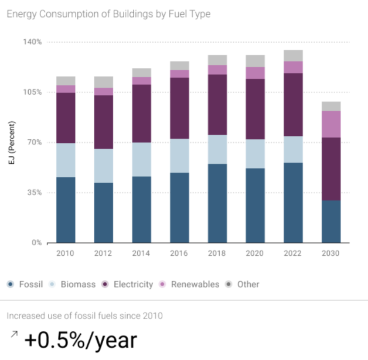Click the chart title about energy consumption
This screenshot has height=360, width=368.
click(108, 13)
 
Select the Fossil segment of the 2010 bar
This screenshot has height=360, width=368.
click(66, 210)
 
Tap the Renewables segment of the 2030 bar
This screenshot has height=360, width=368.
click(331, 124)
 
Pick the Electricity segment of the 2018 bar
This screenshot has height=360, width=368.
click(217, 104)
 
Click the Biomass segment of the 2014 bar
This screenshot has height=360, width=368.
click(142, 159)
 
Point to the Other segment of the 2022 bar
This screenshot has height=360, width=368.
click(293, 56)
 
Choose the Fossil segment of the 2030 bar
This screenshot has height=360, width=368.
click(331, 221)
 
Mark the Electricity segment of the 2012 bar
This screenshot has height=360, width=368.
click(104, 122)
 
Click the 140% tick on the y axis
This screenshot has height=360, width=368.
click(32, 42)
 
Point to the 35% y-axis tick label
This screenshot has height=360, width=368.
click(34, 193)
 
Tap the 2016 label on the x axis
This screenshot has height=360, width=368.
click(179, 253)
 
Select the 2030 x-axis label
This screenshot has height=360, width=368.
click(331, 253)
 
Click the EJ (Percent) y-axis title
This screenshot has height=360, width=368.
click(11, 142)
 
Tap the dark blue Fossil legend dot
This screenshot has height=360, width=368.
click(11, 284)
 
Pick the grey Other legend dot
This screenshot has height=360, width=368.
click(229, 284)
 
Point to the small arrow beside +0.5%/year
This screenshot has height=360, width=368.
click(13, 334)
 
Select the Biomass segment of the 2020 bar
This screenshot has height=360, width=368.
click(255, 153)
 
